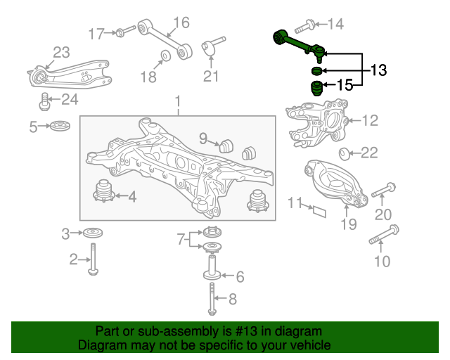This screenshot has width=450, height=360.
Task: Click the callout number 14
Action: click(x=335, y=24)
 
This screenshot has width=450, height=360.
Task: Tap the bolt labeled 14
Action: click(x=304, y=26)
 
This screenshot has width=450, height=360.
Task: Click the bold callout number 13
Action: click(x=379, y=70)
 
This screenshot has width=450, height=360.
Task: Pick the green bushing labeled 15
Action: click(x=317, y=89)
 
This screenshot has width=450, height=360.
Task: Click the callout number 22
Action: click(x=369, y=153)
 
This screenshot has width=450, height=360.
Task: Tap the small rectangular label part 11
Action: click(x=320, y=212)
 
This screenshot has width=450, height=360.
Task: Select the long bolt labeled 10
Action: click(x=384, y=235)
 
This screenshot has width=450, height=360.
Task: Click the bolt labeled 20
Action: click(x=384, y=190)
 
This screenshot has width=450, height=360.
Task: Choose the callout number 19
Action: click(x=349, y=224)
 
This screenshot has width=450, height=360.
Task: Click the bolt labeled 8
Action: click(x=212, y=299)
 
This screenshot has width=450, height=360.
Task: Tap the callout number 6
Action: click(x=240, y=277)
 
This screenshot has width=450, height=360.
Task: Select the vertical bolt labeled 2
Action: click(x=93, y=259)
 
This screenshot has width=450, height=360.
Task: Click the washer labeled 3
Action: click(x=93, y=233)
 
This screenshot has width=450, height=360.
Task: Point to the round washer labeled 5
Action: click(x=60, y=126)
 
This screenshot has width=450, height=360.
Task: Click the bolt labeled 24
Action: click(x=44, y=101)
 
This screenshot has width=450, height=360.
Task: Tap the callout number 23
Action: click(x=61, y=53)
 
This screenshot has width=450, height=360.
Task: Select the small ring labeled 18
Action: click(x=165, y=56)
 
